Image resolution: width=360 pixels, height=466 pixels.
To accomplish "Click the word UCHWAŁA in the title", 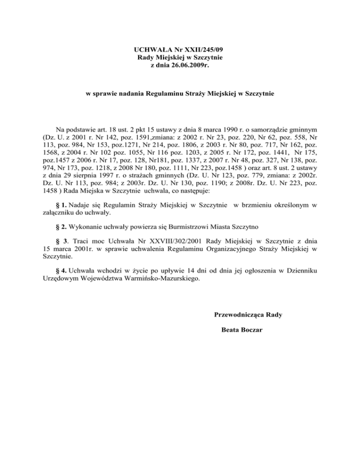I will tap(150, 49).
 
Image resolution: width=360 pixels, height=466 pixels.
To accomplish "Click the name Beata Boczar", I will tap(242, 330).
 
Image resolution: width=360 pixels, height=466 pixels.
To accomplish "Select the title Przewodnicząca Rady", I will tap(245, 314).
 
